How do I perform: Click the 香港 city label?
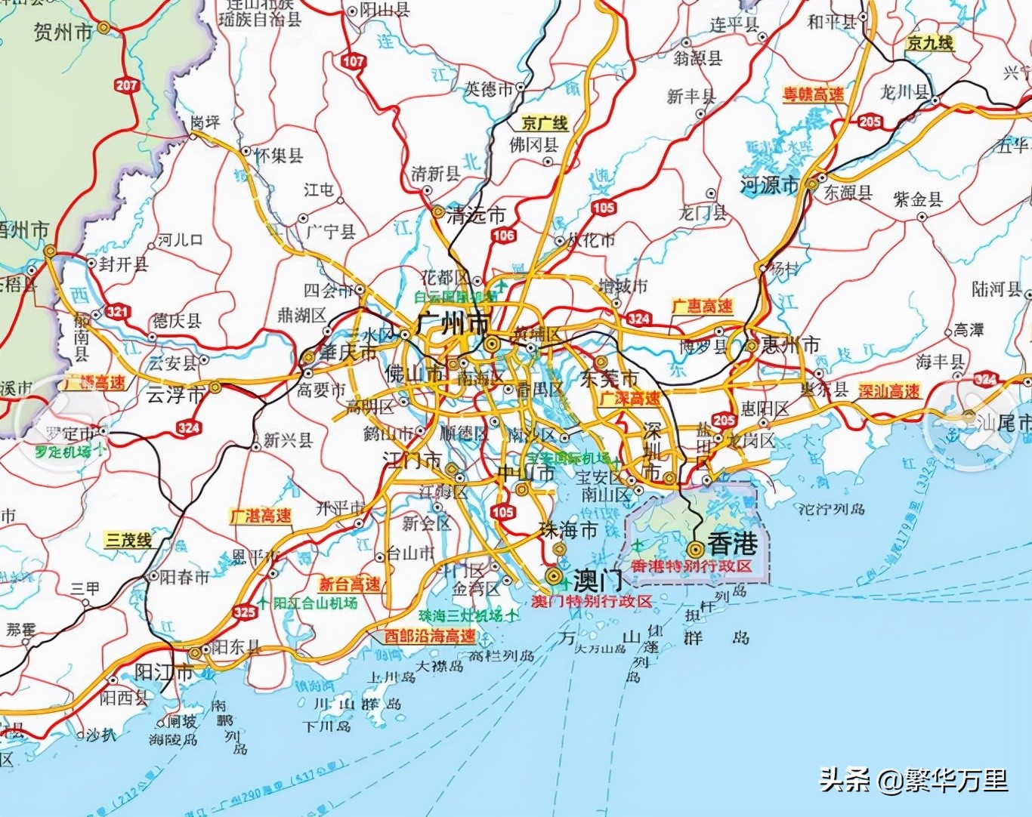[731, 544]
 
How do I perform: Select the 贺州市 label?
[63, 32]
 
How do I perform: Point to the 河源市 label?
[769, 184]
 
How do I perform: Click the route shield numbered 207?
[126, 85]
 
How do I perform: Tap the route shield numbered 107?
[353, 61]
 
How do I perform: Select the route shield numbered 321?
[117, 311]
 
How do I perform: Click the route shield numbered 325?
[244, 612]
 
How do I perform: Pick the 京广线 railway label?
[544, 123]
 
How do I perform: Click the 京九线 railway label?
[929, 43]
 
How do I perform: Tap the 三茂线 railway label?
[128, 539]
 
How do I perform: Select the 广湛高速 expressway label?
[261, 516]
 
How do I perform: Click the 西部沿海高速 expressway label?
[430, 636]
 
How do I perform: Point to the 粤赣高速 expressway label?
[814, 94]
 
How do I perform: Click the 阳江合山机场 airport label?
[314, 603]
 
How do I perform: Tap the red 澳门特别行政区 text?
[591, 601]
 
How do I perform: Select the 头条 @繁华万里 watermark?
[913, 779]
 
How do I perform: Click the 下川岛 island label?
[326, 726]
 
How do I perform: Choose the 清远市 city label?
[474, 214]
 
